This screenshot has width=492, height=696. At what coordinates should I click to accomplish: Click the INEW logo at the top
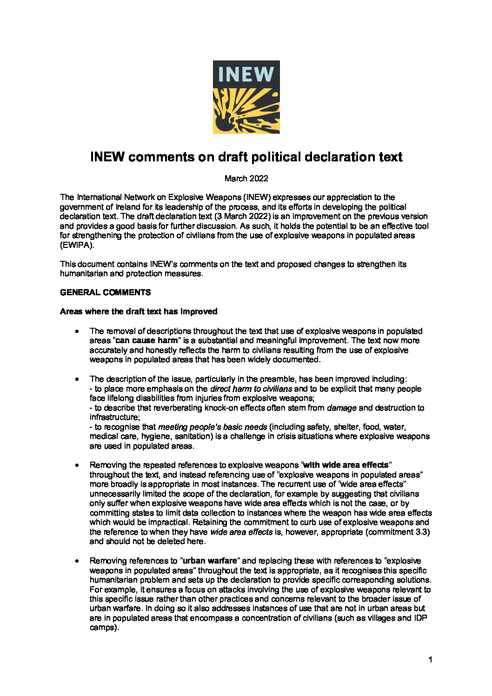pyautogui.click(x=246, y=97)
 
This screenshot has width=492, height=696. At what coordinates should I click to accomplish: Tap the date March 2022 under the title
pyautogui.click(x=246, y=179)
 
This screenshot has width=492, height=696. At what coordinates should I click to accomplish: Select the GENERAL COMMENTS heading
pyautogui.click(x=106, y=292)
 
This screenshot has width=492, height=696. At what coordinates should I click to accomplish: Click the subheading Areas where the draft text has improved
pyautogui.click(x=139, y=312)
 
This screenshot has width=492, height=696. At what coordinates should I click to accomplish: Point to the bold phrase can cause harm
pyautogui.click(x=146, y=341)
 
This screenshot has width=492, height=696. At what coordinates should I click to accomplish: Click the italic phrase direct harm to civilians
pyautogui.click(x=251, y=389)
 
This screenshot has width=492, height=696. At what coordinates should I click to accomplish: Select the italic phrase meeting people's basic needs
pyautogui.click(x=213, y=427)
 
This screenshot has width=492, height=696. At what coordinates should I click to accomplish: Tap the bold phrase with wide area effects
pyautogui.click(x=346, y=465)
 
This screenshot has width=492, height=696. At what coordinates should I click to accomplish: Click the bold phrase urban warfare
pyautogui.click(x=210, y=561)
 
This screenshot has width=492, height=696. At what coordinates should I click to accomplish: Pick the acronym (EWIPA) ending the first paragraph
pyautogui.click(x=77, y=245)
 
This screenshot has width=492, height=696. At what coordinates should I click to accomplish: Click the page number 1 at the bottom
pyautogui.click(x=430, y=660)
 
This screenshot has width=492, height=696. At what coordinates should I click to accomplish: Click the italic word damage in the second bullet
pyautogui.click(x=342, y=408)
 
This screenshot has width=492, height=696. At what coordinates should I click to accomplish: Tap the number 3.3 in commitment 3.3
pyautogui.click(x=421, y=532)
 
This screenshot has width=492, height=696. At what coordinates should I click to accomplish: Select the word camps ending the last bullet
pyautogui.click(x=103, y=628)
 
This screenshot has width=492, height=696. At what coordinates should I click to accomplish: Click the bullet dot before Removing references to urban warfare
pyautogui.click(x=77, y=561)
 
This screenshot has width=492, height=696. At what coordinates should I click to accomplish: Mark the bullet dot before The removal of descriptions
pyautogui.click(x=77, y=331)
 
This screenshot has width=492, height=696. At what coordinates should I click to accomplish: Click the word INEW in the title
pyautogui.click(x=107, y=157)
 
